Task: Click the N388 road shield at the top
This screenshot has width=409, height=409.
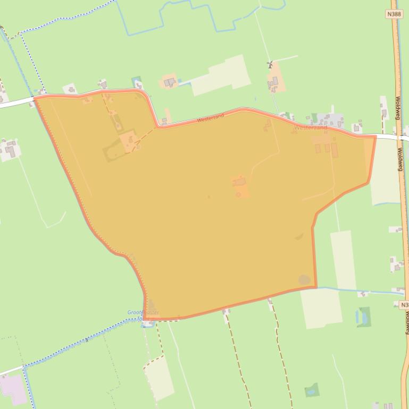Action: coord(395,14)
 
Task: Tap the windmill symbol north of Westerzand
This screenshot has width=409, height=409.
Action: coord(270,65)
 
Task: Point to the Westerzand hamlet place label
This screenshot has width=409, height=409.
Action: coord(311,128)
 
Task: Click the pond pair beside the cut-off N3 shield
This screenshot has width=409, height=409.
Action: coord(363,317)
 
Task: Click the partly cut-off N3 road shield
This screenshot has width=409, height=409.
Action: coord(404,305)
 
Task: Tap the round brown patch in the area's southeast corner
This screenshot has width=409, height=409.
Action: coord(304,279)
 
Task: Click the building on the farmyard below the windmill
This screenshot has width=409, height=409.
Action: coord(273,82)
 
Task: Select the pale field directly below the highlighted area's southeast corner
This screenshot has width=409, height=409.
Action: coord(321,308)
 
